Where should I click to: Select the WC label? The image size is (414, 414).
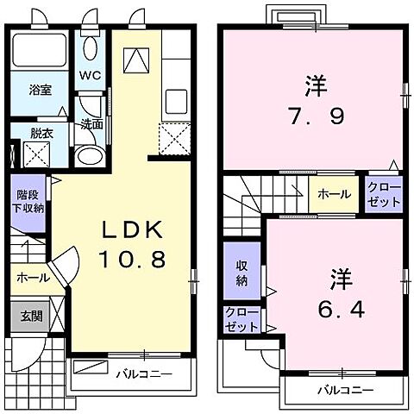tap(91, 75)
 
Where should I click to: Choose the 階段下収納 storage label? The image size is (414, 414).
tap(27, 202)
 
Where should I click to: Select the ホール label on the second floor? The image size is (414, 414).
tap(333, 194)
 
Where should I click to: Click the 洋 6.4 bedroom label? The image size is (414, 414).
tap(337, 294)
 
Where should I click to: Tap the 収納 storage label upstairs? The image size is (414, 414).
tap(242, 272)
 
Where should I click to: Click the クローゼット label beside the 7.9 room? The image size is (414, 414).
tap(384, 194)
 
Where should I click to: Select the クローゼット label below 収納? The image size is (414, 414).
tap(241, 319)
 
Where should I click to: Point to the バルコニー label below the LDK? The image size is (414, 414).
tap(143, 373)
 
